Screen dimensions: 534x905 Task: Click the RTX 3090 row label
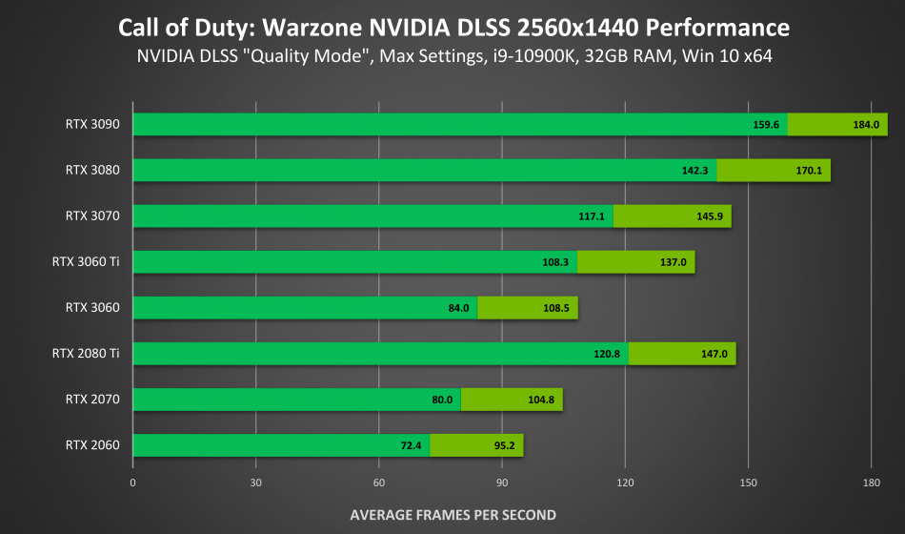(x=92, y=124)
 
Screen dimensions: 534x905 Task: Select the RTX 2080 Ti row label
(x=86, y=353)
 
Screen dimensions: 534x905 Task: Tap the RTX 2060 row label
(x=92, y=444)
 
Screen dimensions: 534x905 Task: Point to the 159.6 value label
(x=766, y=125)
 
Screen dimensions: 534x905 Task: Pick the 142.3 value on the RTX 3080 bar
(x=694, y=171)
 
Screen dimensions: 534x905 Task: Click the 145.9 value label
(x=710, y=216)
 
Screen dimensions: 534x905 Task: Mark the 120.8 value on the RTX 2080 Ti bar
(x=607, y=354)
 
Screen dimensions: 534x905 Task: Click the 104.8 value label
(x=541, y=400)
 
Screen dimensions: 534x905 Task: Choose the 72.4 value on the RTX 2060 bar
(x=412, y=445)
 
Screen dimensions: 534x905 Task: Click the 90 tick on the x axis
(x=502, y=483)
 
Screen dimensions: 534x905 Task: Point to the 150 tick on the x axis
(x=748, y=483)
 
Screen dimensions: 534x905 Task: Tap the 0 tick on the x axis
(x=133, y=483)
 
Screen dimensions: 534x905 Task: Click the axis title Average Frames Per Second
(x=452, y=515)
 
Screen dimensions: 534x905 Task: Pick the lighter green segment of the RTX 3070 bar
(x=672, y=216)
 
